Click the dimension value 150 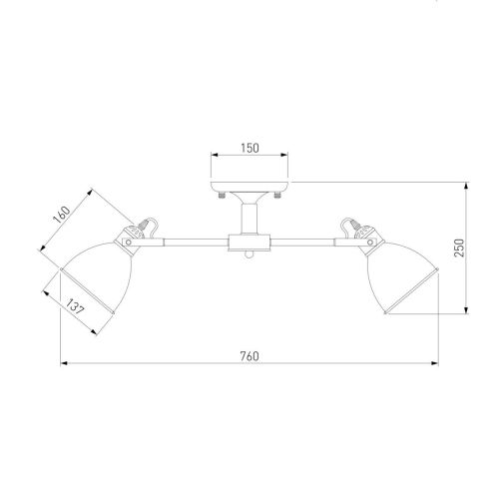[x=249, y=148]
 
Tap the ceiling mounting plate [x=249, y=187]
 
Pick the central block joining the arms [x=249, y=242]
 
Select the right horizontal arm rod [x=304, y=241]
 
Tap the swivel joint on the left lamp [x=133, y=239]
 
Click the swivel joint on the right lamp [x=364, y=239]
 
